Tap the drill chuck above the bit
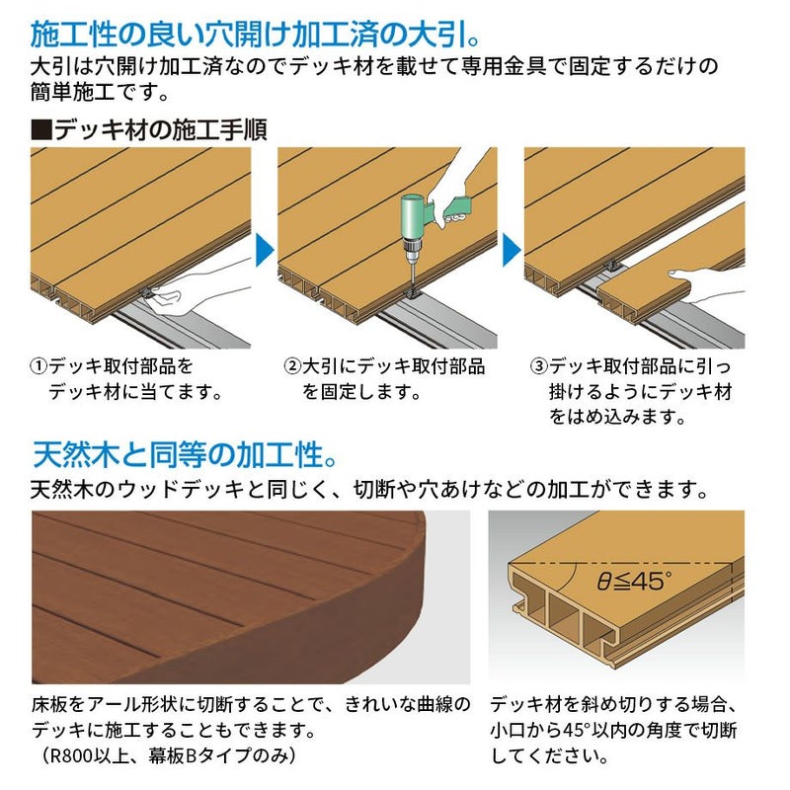413,250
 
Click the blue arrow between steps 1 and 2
265,251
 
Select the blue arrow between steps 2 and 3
512,251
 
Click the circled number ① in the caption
39,366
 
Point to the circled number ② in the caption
292,366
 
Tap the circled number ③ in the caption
539,366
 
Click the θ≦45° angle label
634,581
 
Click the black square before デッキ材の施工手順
41,129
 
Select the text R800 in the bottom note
70,755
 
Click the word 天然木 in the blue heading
77,454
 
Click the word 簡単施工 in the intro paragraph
73,93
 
